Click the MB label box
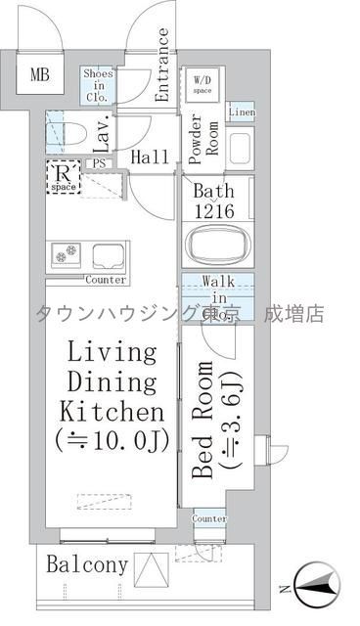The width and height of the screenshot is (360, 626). [38, 74]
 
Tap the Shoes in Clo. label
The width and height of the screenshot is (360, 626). [98, 85]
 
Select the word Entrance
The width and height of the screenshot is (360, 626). [162, 65]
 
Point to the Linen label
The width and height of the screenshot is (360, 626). [241, 112]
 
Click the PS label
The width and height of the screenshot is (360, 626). [99, 163]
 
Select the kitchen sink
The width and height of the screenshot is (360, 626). [109, 255]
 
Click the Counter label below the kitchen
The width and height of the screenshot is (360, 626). [106, 280]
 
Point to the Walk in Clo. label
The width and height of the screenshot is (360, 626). [216, 299]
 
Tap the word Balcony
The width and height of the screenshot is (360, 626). [87, 564]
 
